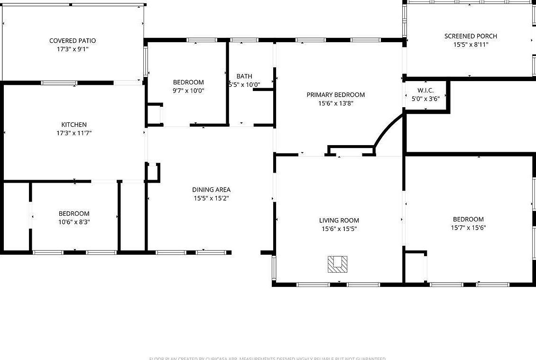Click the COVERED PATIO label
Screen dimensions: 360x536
click(73, 41)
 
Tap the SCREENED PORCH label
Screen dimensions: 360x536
click(471, 36)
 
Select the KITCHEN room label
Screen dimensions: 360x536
click(74, 125)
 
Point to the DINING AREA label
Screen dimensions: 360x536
click(211, 190)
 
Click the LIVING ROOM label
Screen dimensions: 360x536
click(339, 220)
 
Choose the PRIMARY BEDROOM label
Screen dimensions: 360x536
click(335, 95)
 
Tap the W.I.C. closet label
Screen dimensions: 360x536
click(425, 90)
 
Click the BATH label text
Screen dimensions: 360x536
click(244, 76)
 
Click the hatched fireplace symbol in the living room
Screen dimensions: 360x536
click(337, 264)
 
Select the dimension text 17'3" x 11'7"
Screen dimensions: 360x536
click(74, 133)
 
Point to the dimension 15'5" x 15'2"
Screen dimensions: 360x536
click(211, 198)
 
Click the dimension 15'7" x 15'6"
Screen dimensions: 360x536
click(468, 228)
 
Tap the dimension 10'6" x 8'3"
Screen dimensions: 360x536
click(74, 222)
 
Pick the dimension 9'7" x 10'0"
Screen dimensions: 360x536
click(188, 91)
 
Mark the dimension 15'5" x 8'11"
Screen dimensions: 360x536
click(471, 45)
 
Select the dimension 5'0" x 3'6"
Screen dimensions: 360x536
click(425, 99)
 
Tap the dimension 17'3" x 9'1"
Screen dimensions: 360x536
click(73, 49)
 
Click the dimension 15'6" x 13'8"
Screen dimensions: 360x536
click(335, 103)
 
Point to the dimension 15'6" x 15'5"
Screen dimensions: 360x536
click(339, 229)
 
